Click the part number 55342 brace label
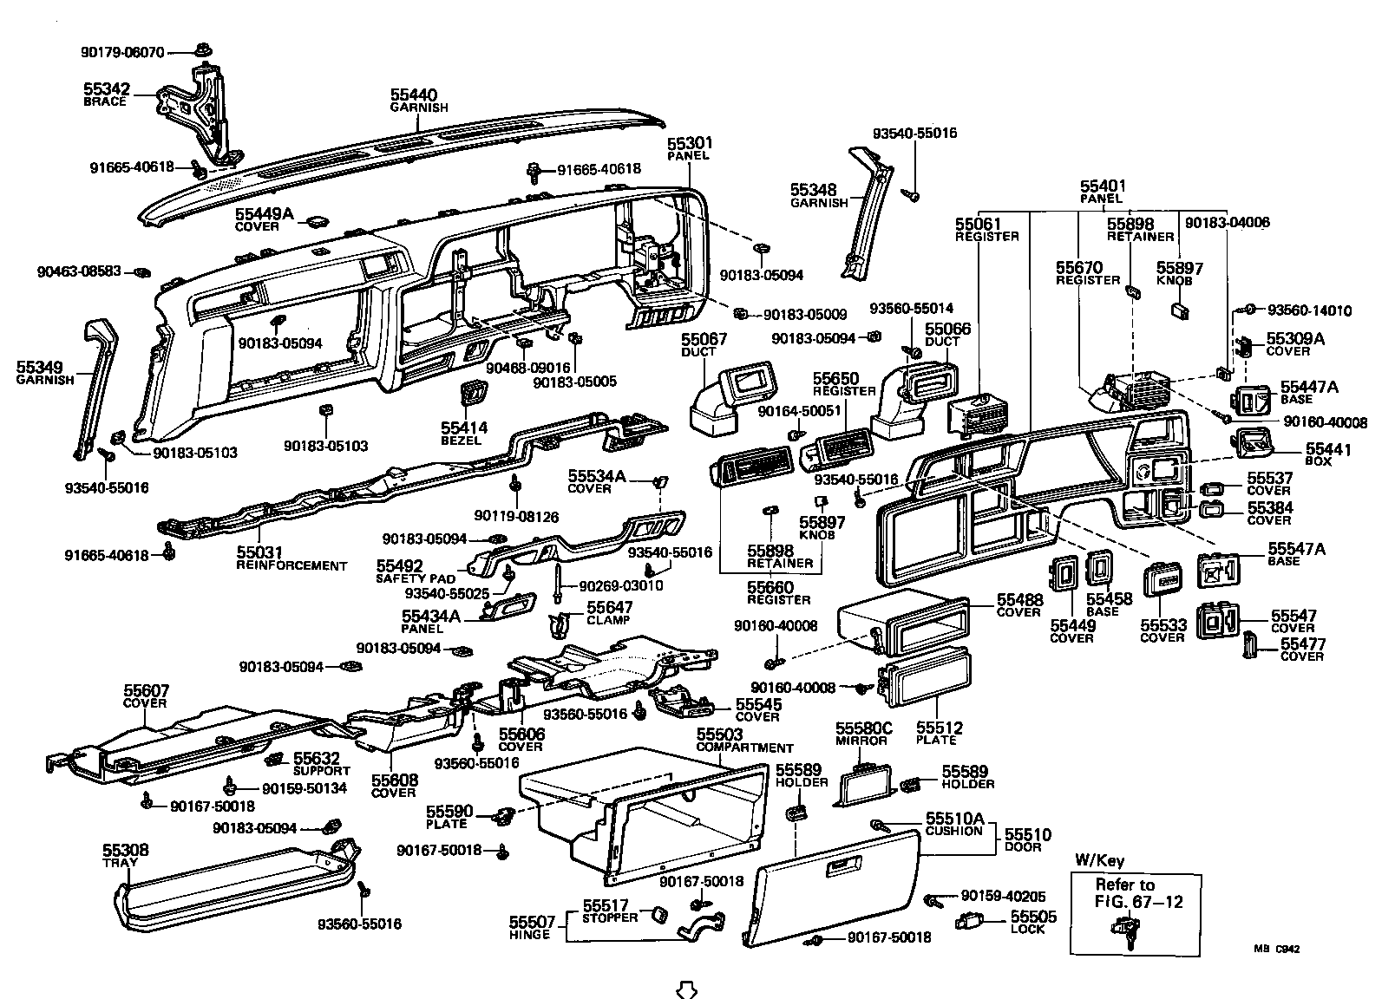point(106,88)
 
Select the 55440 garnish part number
point(413,95)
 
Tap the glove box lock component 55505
point(970,921)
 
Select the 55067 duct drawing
point(729,395)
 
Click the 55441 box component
point(1253,445)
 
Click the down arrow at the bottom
point(686,989)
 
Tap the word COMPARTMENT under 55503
point(744,748)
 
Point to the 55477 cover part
point(1250,646)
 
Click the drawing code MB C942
point(1275,949)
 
